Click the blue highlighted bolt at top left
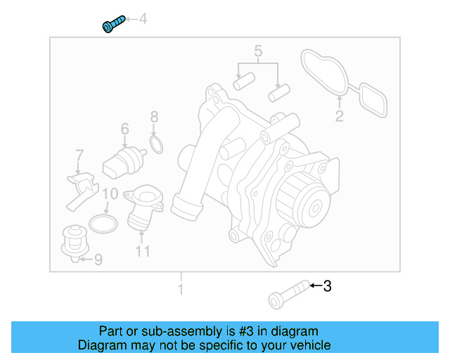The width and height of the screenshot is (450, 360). (112, 24)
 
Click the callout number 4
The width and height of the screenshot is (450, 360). (143, 19)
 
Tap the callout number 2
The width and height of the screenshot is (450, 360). (339, 117)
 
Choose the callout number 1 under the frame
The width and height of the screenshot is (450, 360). (181, 289)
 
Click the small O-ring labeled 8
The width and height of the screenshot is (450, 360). (157, 145)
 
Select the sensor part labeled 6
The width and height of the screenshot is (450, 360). (121, 160)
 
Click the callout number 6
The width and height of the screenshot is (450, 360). (124, 129)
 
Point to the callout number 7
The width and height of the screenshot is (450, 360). (79, 155)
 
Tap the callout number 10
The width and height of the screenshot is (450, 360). (110, 194)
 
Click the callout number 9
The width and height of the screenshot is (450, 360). (98, 259)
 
